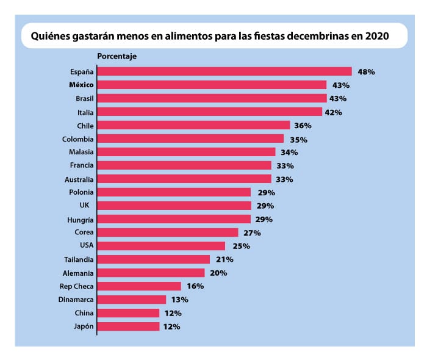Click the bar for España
tap(224, 71)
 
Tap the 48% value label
tap(366, 71)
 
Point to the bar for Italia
tap(209, 112)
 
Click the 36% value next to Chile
tap(303, 126)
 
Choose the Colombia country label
tap(78, 139)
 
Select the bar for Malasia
tap(186, 152)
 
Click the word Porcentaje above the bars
tap(117, 56)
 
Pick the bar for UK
tap(174, 206)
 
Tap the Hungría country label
tap(80, 219)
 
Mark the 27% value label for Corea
tap(253, 233)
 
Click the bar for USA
tap(161, 246)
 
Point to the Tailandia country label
tap(79, 259)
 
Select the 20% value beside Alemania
tap(218, 273)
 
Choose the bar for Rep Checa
tap(139, 286)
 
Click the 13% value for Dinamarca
tap(179, 300)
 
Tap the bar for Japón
tap(128, 326)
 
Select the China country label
tap(84, 313)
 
